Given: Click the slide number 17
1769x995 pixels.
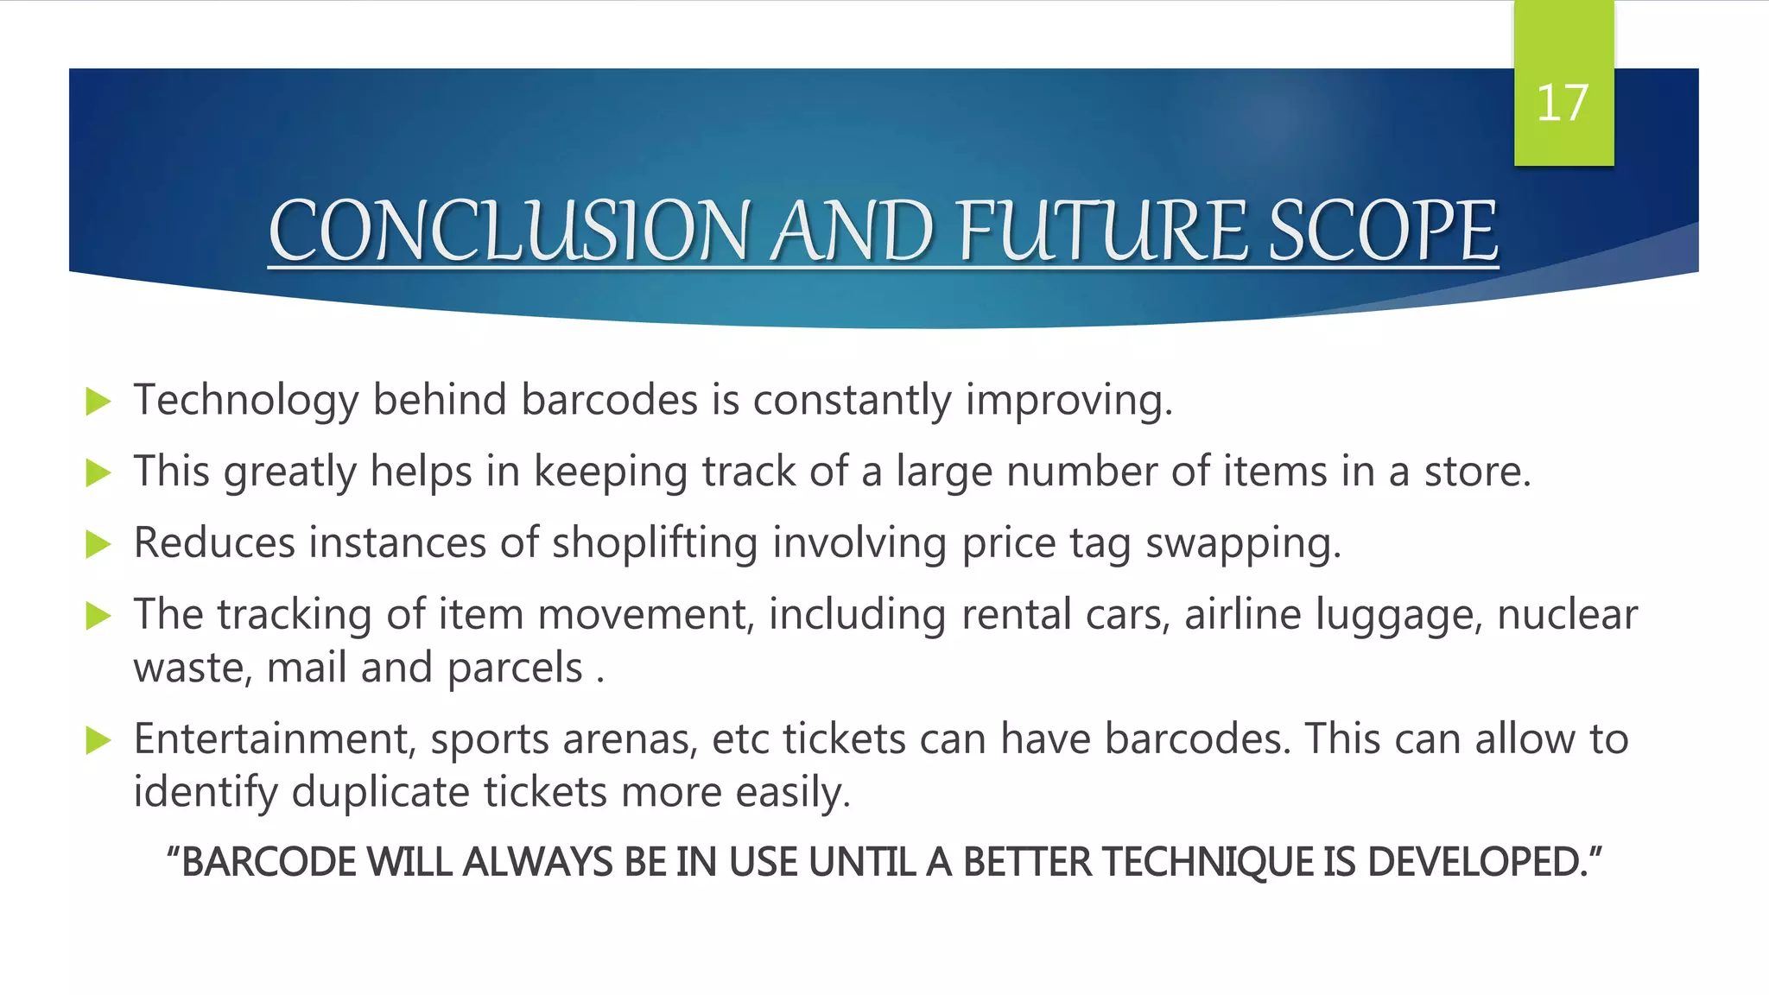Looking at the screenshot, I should pyautogui.click(x=1562, y=104).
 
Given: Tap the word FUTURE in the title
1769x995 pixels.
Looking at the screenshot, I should pyautogui.click(x=1102, y=231).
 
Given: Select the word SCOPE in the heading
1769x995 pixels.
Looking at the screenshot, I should pyautogui.click(x=1383, y=231).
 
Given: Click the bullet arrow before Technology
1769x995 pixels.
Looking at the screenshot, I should pyautogui.click(x=99, y=402).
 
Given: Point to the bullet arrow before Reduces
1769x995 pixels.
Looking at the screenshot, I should pyautogui.click(x=99, y=544).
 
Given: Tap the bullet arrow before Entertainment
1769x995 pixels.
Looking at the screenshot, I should pyautogui.click(x=99, y=740).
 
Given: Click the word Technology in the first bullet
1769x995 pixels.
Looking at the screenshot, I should pyautogui.click(x=245, y=401).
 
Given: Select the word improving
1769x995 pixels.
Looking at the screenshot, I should pyautogui.click(x=1068, y=401).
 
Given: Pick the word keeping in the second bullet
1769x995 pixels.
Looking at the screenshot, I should pyautogui.click(x=611, y=472).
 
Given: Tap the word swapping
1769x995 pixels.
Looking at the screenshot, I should pyautogui.click(x=1242, y=544).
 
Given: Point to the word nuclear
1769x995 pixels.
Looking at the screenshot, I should pyautogui.click(x=1567, y=615).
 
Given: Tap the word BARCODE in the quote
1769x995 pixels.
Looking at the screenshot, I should pyautogui.click(x=268, y=862).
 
